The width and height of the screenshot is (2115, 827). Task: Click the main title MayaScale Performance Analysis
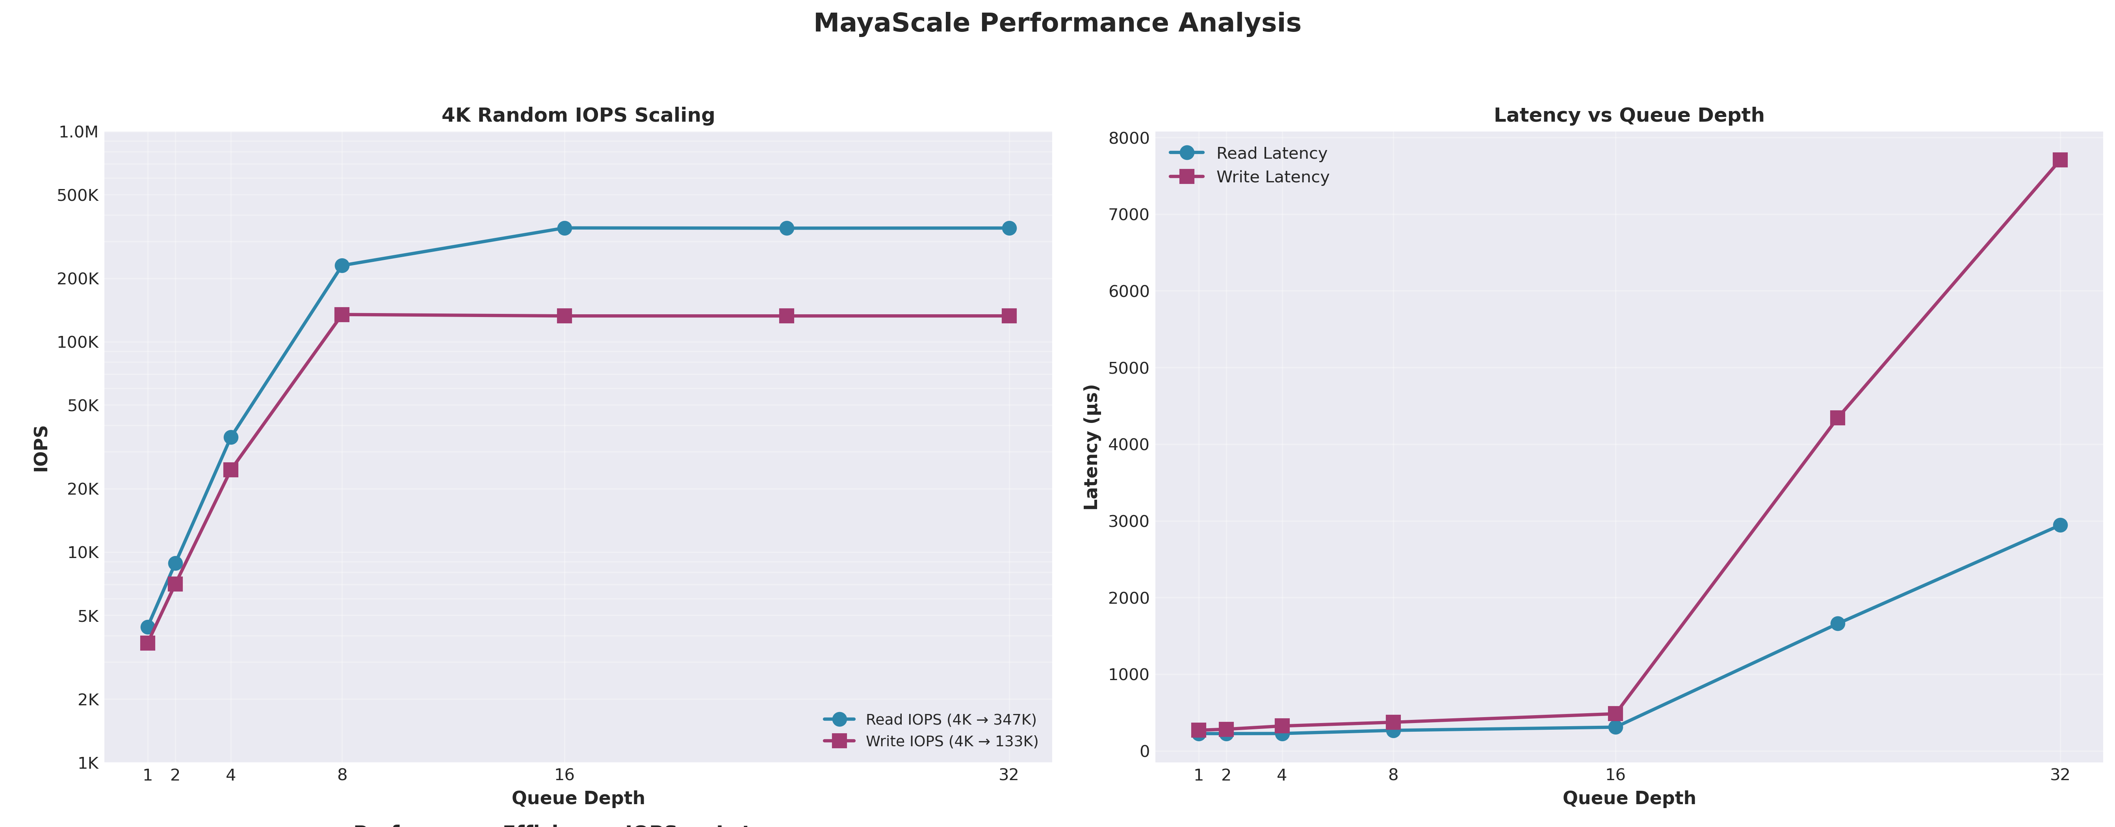tap(1057, 23)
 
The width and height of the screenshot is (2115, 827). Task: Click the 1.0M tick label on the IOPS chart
tap(79, 132)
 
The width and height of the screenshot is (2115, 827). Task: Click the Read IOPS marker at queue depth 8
tap(342, 266)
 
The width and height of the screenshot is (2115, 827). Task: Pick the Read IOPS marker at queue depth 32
tap(1009, 228)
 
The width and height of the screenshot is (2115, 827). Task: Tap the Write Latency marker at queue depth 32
tap(2060, 160)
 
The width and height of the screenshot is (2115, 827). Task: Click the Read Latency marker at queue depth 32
tap(2060, 525)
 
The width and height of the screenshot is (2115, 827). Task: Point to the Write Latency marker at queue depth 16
tap(1615, 714)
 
